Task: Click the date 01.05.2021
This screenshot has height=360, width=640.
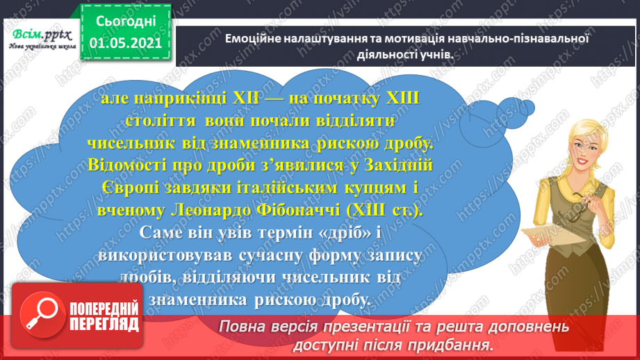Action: (x=126, y=44)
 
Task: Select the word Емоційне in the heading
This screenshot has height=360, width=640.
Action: (x=254, y=38)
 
